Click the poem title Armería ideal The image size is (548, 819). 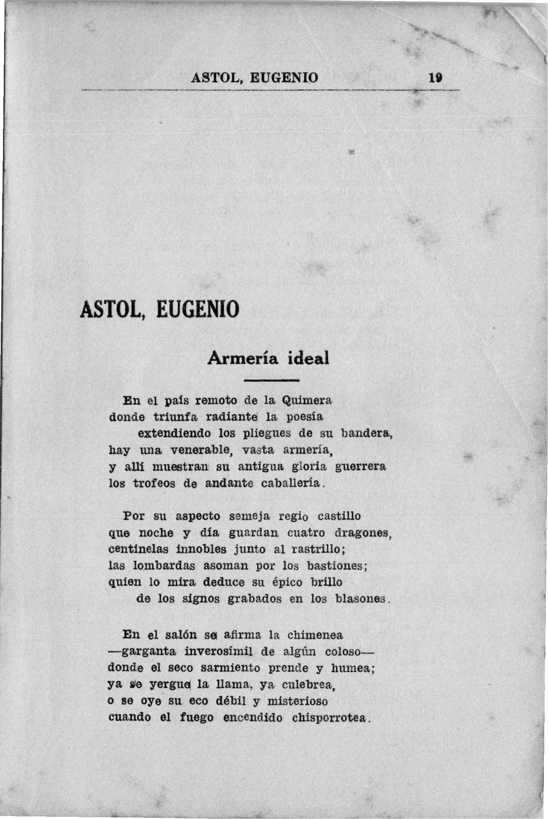268,358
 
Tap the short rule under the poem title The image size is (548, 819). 271,380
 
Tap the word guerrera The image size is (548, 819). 361,467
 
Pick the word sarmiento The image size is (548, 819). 230,668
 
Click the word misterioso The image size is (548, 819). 297,701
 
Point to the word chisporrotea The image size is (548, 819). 329,718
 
